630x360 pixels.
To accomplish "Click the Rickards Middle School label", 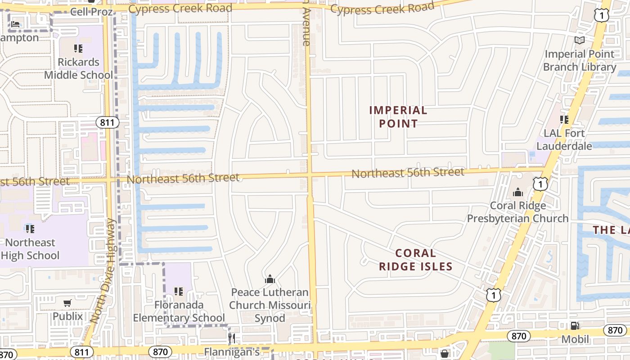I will (78, 68).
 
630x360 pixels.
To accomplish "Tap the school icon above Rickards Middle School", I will (78, 48).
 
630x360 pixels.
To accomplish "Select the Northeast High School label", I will (30, 249).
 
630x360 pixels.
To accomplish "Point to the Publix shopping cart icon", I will (67, 303).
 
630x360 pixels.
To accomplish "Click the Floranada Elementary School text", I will (179, 311).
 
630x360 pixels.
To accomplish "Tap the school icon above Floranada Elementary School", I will (179, 292).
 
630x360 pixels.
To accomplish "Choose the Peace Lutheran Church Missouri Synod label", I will (270, 305).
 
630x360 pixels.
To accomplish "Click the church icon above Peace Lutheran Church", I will (270, 279).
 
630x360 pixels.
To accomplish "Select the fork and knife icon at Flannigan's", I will (232, 338).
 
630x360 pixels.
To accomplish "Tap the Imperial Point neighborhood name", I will (398, 117).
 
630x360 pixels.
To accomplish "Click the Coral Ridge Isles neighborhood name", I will (415, 260).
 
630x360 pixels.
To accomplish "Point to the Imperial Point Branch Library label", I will (580, 60).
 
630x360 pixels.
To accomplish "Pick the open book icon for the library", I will (580, 40).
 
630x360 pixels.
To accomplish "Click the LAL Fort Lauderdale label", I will (564, 139).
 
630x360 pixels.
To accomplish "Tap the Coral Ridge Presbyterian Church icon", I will (518, 193).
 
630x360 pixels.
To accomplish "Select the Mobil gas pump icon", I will (575, 326).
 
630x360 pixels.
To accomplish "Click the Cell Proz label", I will (91, 12).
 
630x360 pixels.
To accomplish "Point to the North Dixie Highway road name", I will (103, 271).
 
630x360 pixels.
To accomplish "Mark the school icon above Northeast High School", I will (30, 229).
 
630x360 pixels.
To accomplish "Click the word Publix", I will (68, 316).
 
